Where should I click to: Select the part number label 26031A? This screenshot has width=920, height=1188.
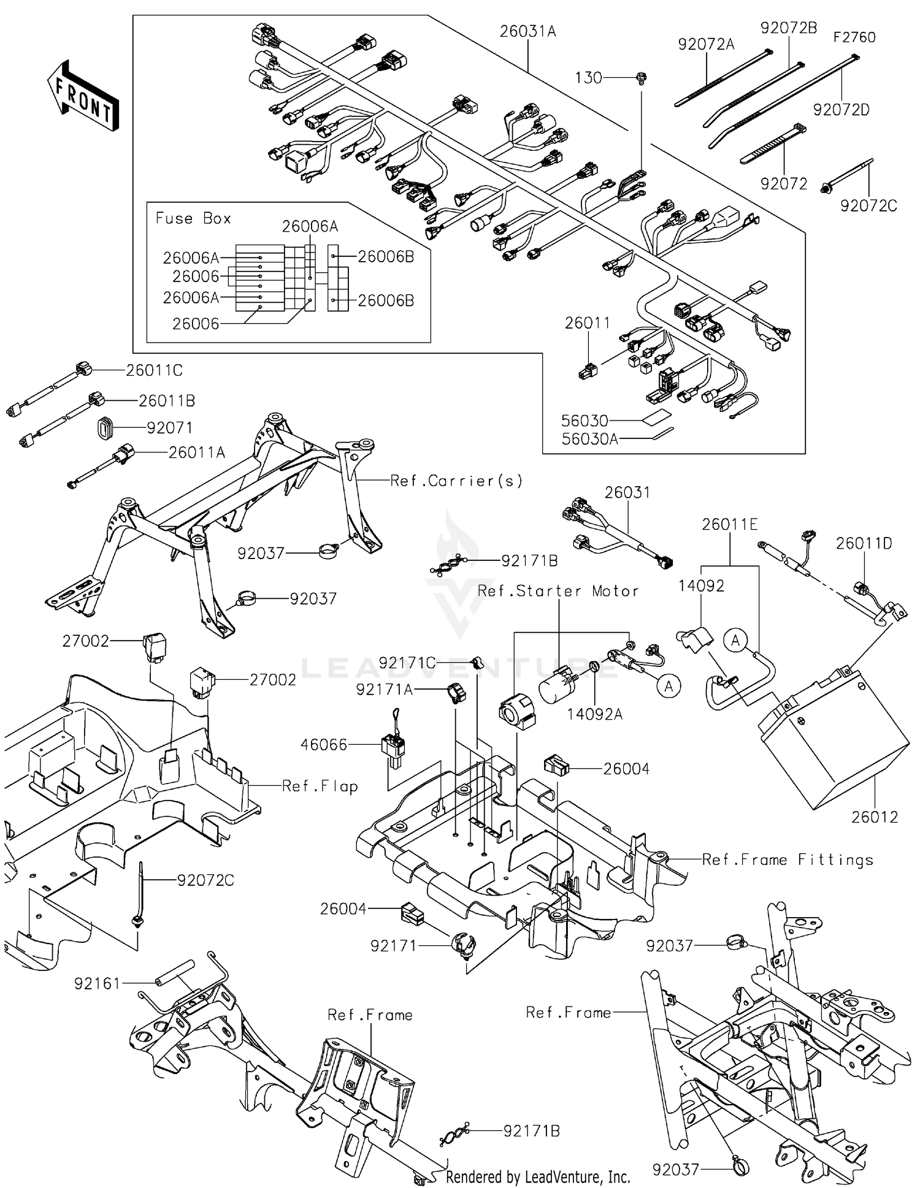(x=527, y=31)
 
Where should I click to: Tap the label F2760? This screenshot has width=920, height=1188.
(x=854, y=38)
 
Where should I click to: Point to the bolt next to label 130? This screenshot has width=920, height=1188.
(x=642, y=78)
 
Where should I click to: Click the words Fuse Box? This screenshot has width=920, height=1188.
(x=193, y=219)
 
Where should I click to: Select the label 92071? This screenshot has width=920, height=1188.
(x=169, y=428)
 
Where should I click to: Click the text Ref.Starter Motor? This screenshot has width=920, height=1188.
(x=558, y=591)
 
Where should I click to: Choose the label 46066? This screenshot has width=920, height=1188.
(x=324, y=745)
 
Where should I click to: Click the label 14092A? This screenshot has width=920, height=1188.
(x=594, y=714)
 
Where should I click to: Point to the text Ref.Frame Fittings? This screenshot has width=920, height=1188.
(x=788, y=860)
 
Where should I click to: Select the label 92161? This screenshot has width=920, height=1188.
(x=98, y=984)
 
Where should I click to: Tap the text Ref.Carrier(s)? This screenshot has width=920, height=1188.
(x=457, y=481)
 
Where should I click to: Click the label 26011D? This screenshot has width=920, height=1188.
(x=864, y=544)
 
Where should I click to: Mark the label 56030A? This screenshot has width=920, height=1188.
(x=589, y=438)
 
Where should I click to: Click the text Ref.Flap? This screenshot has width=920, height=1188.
(x=320, y=786)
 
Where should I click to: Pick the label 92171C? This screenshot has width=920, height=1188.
(x=407, y=663)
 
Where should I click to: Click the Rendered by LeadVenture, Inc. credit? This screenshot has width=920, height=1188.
(x=538, y=1176)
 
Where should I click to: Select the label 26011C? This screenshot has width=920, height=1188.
(x=155, y=370)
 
